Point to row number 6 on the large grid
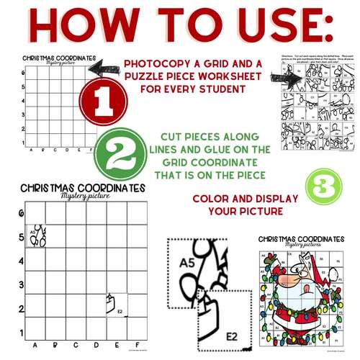21,214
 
